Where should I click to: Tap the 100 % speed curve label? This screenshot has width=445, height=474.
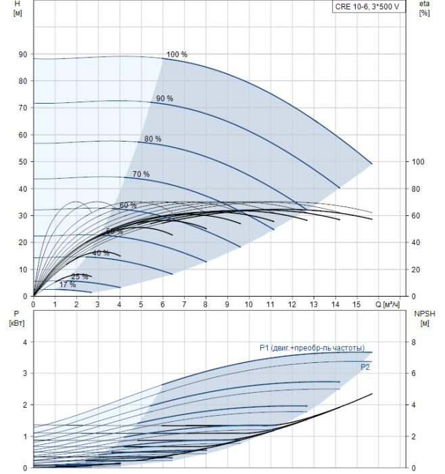tap(177, 54)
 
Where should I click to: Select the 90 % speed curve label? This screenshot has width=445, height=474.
tap(164, 99)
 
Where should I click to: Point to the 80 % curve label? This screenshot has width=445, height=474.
tap(153, 139)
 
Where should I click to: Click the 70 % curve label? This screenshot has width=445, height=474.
tap(141, 174)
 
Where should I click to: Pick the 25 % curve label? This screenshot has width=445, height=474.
tap(80, 276)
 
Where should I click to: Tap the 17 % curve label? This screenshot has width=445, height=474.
tap(67, 284)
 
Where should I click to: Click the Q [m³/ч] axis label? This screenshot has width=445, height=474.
tap(389, 304)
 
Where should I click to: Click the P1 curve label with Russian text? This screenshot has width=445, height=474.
tap(312, 348)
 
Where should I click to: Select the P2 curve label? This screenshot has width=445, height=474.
tap(365, 367)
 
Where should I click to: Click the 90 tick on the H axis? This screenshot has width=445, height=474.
tap(23, 54)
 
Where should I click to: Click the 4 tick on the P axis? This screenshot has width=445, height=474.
tap(25, 343)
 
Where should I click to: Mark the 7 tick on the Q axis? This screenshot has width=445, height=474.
tap(184, 304)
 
